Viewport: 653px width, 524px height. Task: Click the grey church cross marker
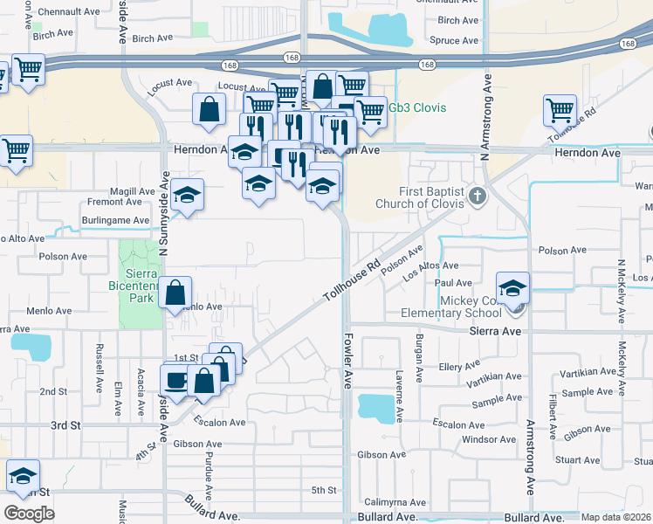(x=477, y=195)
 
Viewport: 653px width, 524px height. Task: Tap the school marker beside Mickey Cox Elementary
(x=512, y=287)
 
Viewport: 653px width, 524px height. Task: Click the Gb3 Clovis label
(x=417, y=107)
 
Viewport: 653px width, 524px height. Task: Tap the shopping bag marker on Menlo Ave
(x=176, y=293)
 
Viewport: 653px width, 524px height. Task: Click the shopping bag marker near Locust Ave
(x=210, y=109)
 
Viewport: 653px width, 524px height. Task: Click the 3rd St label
(x=65, y=425)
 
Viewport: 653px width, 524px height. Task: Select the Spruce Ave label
(x=456, y=40)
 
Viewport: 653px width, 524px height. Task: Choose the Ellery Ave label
(x=461, y=366)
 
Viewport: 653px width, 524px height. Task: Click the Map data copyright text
(x=616, y=517)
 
